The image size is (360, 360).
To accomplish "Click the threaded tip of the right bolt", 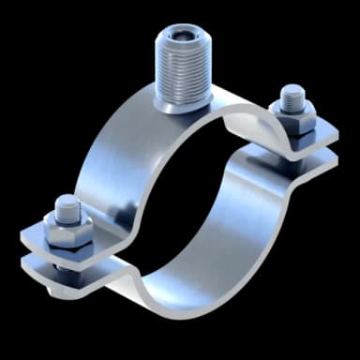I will coord(292,94).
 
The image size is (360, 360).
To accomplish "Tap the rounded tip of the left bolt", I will coord(65,203).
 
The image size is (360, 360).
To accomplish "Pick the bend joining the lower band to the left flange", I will coord(131,272).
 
